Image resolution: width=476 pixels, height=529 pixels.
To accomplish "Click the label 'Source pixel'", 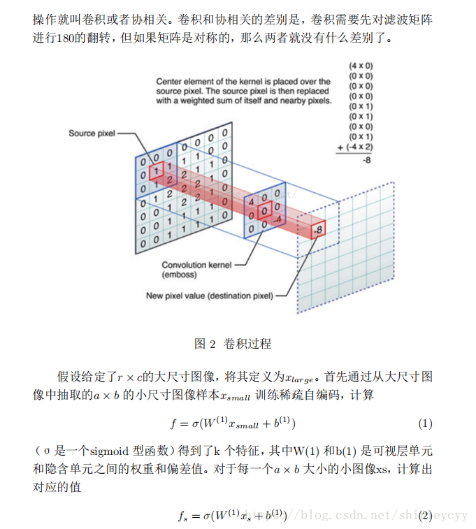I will (x=92, y=133).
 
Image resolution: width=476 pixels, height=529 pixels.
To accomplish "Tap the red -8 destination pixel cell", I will (x=319, y=229).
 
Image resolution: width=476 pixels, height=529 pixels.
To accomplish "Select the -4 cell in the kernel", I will (x=277, y=220).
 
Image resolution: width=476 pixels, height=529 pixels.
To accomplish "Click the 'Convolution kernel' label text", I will (x=196, y=265).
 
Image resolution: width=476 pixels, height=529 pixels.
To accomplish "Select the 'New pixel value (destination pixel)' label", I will (x=209, y=295).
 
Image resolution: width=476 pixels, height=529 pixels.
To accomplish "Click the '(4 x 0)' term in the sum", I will (x=360, y=66).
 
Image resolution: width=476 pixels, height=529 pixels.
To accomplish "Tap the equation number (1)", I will (x=425, y=423).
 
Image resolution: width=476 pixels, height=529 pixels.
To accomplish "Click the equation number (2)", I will (x=425, y=516).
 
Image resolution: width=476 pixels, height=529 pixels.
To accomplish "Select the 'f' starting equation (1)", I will (x=173, y=423).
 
